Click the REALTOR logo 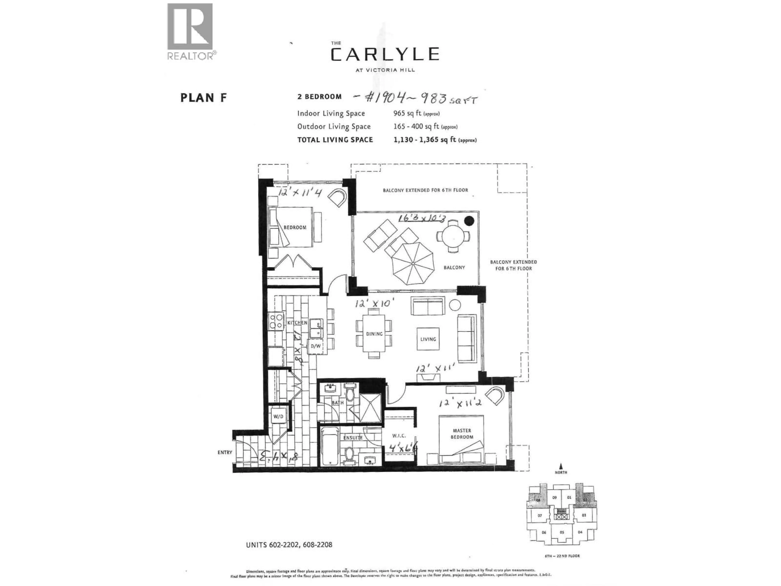point(190,31)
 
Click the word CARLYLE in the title point(385,54)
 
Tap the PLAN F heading point(203,97)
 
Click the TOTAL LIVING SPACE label point(335,140)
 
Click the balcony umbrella point(413,263)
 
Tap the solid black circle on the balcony point(469,221)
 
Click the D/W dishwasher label point(316,346)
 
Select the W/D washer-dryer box point(278,417)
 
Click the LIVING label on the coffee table point(428,339)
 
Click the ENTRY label point(225,452)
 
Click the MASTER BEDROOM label point(462,433)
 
